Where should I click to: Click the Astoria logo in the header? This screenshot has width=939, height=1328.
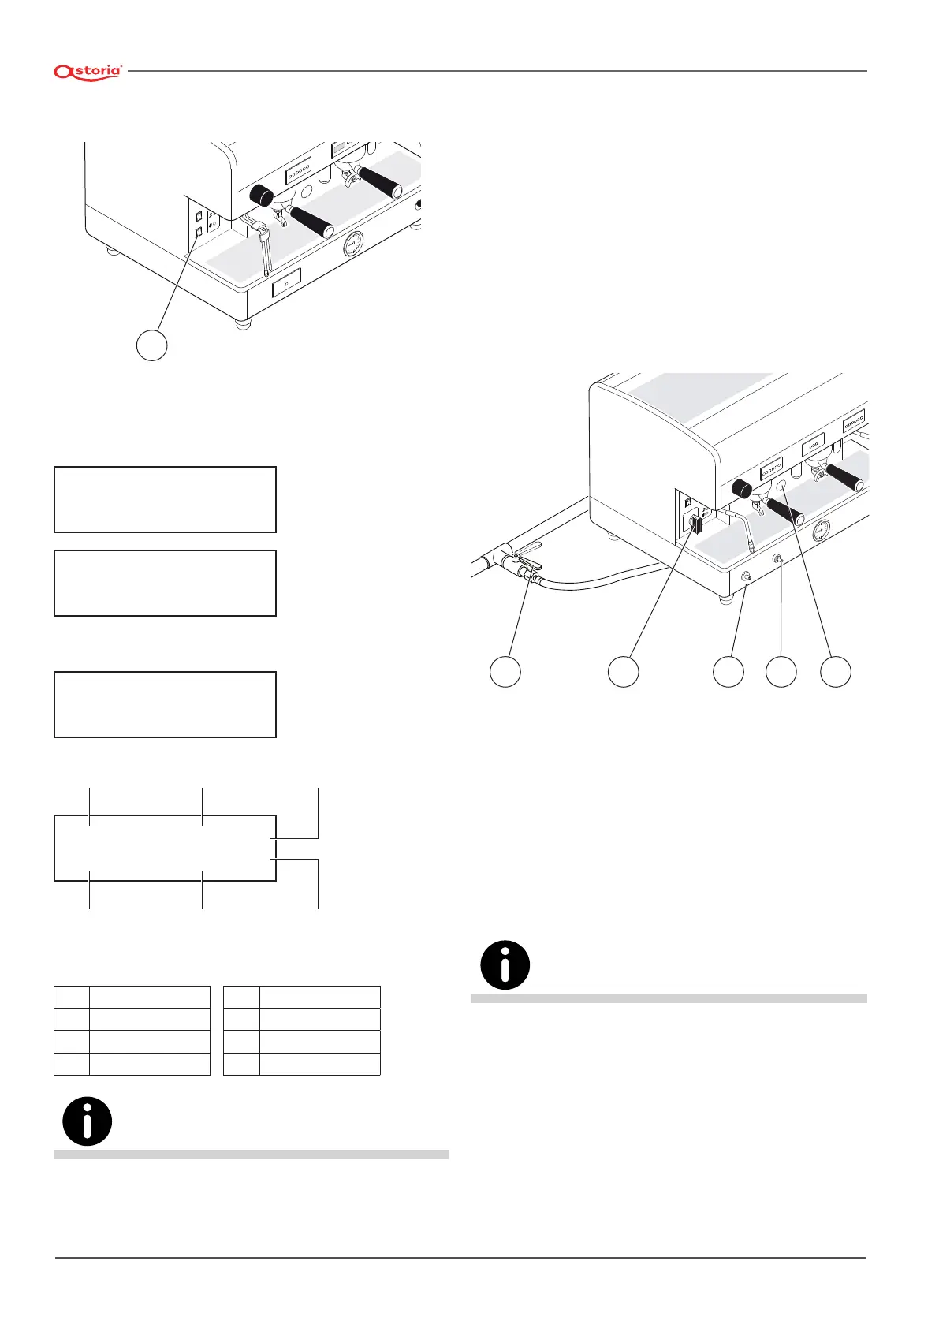(x=88, y=72)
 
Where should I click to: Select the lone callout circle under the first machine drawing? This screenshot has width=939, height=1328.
(x=152, y=345)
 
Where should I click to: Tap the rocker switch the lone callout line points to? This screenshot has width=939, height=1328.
(x=199, y=232)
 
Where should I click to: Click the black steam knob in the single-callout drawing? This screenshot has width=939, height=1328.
(x=260, y=194)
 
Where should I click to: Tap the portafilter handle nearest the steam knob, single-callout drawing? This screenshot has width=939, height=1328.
(x=310, y=221)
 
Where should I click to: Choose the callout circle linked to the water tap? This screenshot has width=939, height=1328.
(x=505, y=671)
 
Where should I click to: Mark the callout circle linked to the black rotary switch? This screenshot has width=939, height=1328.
(x=623, y=671)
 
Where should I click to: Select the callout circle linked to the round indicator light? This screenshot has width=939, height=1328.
(x=836, y=671)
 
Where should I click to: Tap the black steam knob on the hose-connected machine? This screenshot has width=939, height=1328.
(x=743, y=488)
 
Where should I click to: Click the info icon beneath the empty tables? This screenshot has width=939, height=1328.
(x=87, y=1121)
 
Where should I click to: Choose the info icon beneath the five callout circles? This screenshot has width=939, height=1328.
(x=505, y=964)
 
